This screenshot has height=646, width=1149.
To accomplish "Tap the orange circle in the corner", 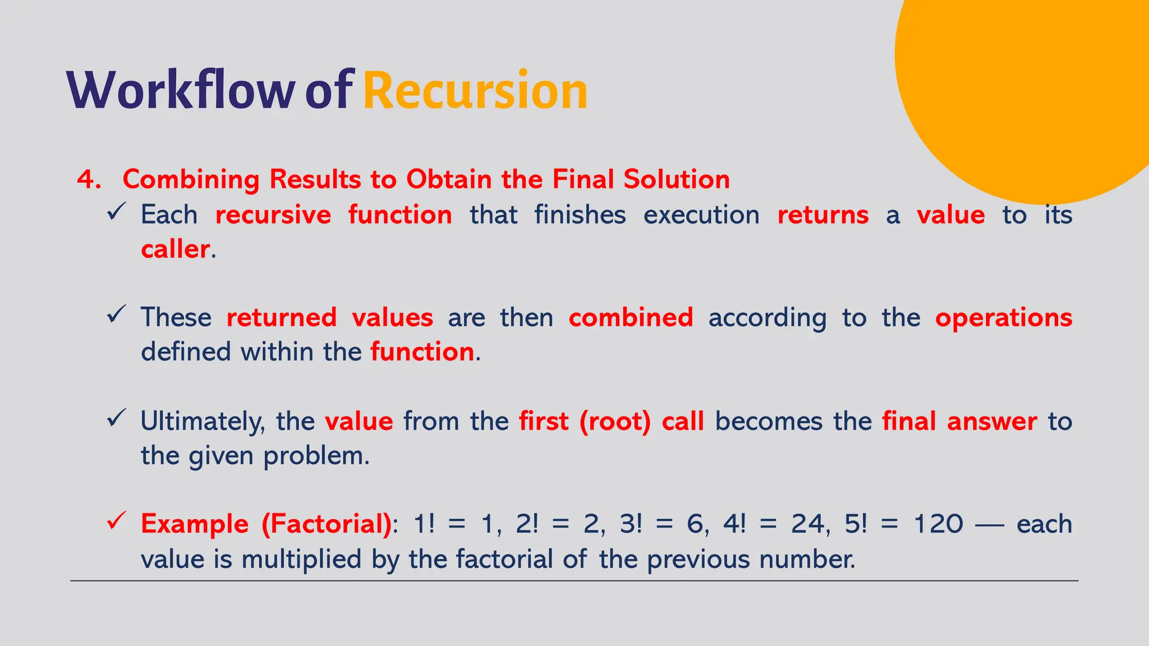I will coord(1027,84).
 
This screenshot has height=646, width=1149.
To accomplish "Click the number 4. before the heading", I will coord(89,180).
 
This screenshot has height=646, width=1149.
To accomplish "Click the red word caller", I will coord(175,250).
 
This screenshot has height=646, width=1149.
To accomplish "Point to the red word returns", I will coord(822,215).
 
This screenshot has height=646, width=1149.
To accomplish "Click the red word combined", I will coord(631,318).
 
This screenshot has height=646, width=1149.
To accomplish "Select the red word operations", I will coord(1003,318).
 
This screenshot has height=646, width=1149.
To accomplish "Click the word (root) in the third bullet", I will coord(615,422).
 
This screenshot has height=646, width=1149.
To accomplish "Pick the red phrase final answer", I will coord(959,422).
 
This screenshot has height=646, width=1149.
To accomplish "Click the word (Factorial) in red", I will coord(327,524).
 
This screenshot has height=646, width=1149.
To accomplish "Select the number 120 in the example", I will coord(938,524).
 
